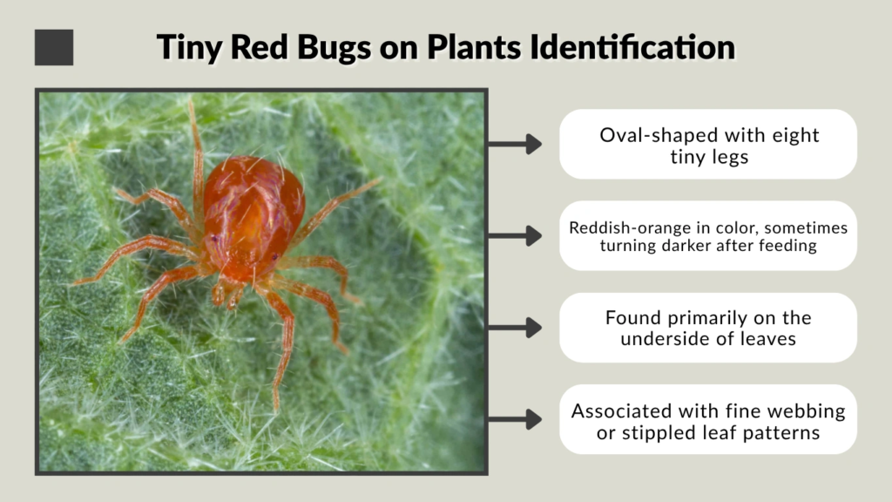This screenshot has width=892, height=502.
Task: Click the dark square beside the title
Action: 54,47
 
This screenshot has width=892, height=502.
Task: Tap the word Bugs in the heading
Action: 337,47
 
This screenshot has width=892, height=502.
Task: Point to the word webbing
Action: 806,410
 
